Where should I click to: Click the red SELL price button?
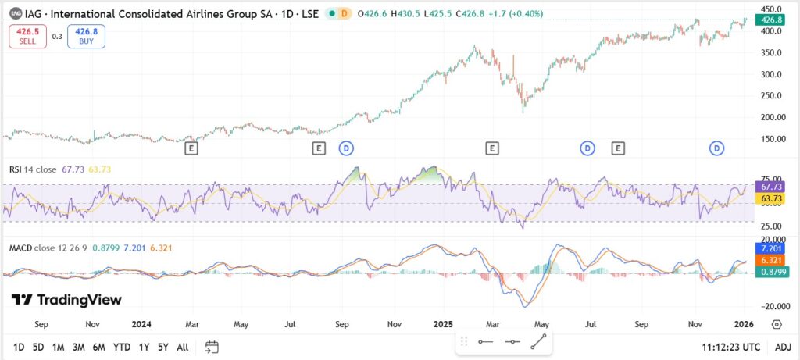tap(28, 36)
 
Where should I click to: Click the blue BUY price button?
tap(86, 36)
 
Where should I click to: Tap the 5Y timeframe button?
tap(162, 347)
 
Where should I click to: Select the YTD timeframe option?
tap(121, 347)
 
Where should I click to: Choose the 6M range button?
tap(98, 347)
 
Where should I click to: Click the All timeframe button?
tap(182, 347)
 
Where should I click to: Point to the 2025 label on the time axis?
tap(443, 323)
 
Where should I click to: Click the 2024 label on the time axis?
tap(141, 323)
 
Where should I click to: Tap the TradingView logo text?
tap(66, 300)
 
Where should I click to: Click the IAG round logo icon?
tap(15, 13)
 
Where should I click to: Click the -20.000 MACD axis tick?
tap(770, 307)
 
